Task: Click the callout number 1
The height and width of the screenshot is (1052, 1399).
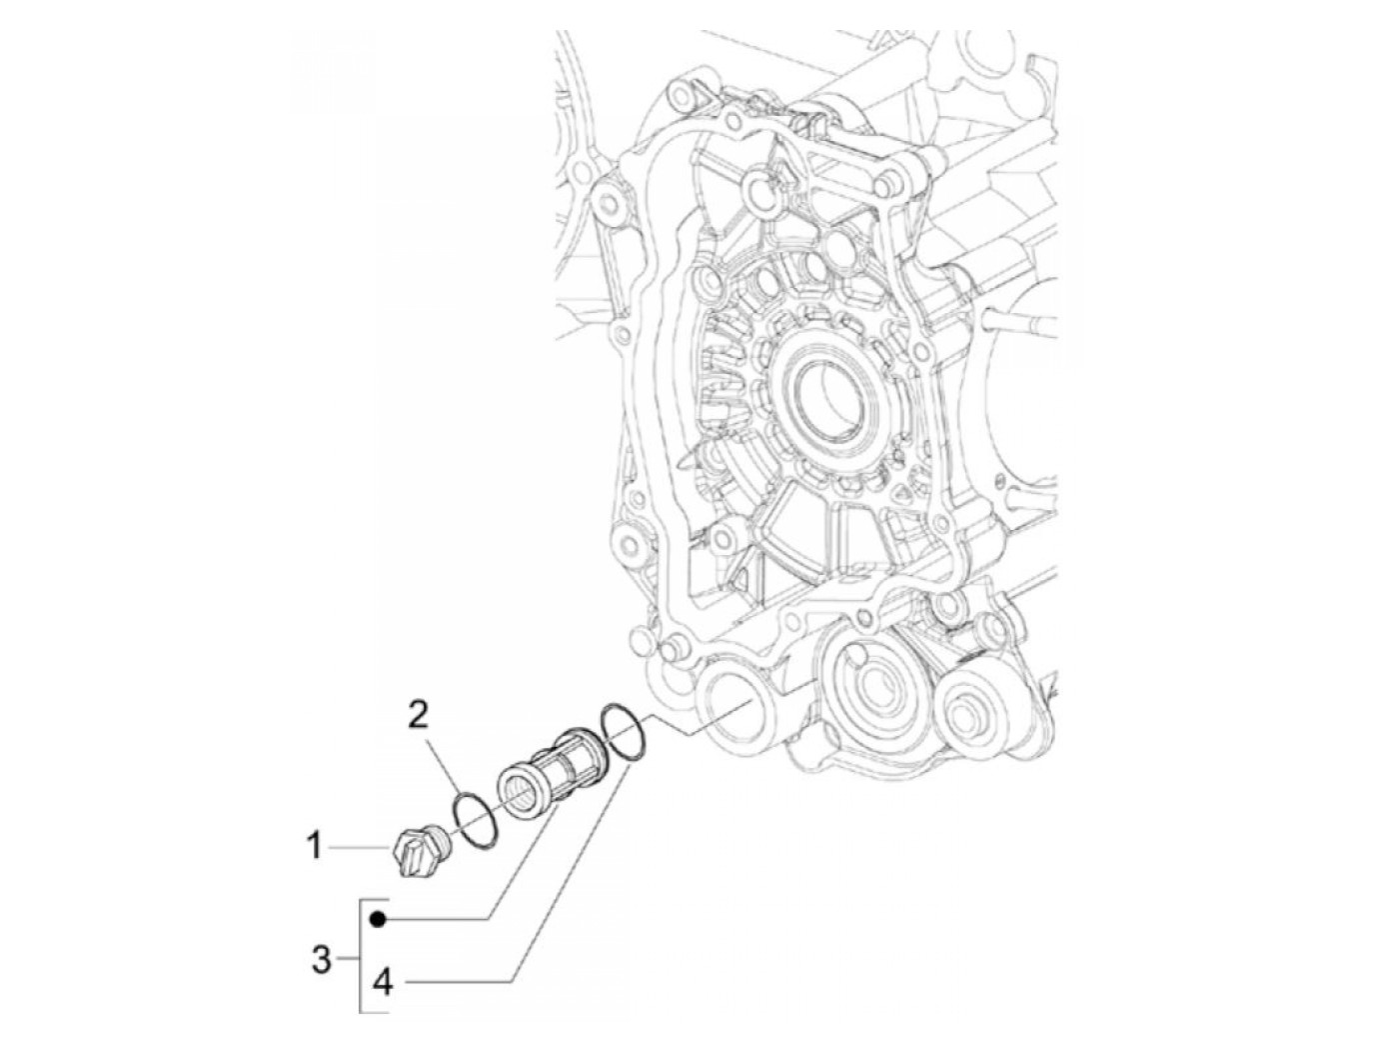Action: (x=314, y=848)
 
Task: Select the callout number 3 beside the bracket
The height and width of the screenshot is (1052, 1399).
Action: (x=321, y=961)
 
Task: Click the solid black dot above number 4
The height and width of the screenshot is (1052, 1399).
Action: (x=378, y=918)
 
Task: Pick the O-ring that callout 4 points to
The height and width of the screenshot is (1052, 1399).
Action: (x=626, y=734)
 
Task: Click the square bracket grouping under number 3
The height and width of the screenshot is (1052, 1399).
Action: (x=361, y=960)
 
